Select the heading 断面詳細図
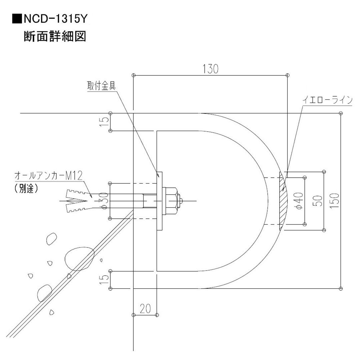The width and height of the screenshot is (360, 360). click(55, 36)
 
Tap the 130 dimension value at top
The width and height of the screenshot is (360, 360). click(210, 69)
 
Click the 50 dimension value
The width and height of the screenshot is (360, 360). click(319, 201)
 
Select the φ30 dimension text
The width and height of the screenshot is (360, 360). click(104, 201)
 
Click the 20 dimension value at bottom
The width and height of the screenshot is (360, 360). click(145, 309)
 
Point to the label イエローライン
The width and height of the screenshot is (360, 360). click(327, 100)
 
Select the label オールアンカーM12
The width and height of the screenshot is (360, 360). click(48, 175)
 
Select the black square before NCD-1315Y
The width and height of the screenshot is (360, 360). click(17, 19)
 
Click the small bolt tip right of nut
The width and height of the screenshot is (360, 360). click(180, 201)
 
